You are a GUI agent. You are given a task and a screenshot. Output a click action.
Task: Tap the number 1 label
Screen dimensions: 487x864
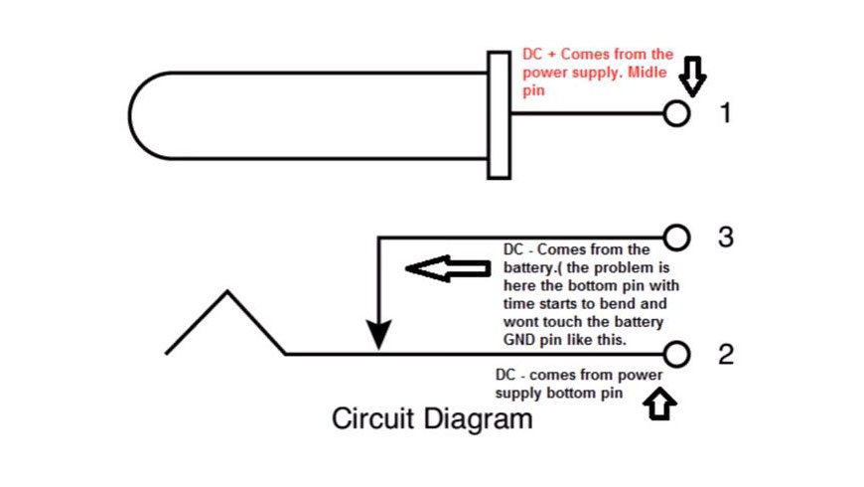click(725, 113)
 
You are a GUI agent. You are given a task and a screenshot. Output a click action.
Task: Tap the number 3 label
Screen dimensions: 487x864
click(726, 238)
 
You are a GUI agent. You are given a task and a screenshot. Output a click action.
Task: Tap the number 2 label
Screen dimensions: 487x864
click(726, 354)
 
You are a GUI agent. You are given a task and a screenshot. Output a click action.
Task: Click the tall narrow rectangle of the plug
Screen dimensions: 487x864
click(499, 114)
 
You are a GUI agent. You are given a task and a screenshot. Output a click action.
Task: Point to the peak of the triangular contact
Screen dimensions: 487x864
click(228, 292)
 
